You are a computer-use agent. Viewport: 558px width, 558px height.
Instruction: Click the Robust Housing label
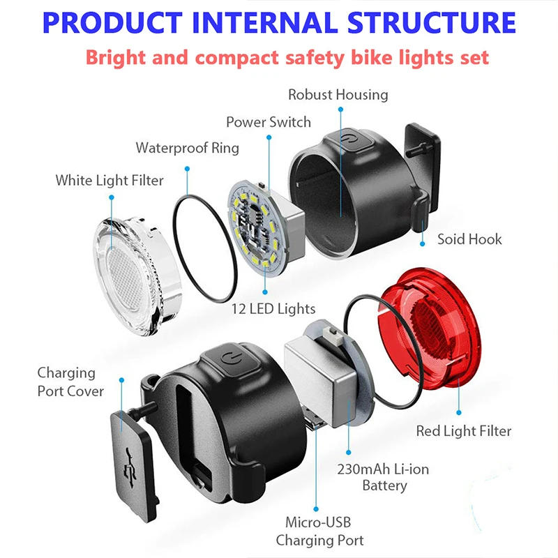[338, 94]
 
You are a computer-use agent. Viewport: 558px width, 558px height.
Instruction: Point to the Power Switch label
[269, 122]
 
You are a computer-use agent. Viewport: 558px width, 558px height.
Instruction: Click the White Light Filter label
[110, 181]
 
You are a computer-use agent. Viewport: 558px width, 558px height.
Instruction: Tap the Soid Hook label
[469, 239]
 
